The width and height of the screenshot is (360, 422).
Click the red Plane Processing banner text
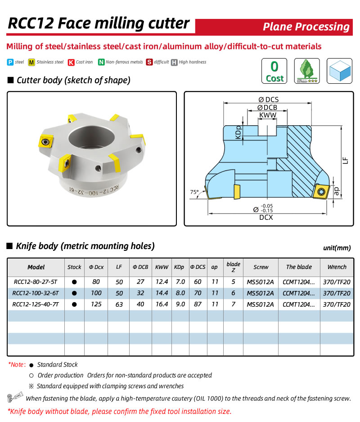click(306, 27)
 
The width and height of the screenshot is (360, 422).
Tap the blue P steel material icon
click(10, 62)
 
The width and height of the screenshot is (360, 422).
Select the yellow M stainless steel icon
click(31, 62)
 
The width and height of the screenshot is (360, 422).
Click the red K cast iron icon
click(71, 62)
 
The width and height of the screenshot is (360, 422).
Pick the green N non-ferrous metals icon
click(102, 62)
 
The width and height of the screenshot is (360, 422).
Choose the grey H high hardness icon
click(174, 62)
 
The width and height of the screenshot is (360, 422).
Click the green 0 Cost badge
click(274, 71)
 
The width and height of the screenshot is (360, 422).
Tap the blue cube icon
click(339, 71)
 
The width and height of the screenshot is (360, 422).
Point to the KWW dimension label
click(267, 116)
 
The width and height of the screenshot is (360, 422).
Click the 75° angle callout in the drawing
click(194, 192)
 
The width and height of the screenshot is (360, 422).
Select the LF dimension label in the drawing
click(346, 160)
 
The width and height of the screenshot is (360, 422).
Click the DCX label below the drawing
click(265, 217)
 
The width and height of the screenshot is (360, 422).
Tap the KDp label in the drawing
click(238, 132)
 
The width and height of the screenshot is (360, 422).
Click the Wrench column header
click(337, 267)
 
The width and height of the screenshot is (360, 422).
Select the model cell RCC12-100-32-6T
click(36, 293)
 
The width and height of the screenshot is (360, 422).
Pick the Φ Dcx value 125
click(96, 304)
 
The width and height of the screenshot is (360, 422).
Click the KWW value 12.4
click(162, 282)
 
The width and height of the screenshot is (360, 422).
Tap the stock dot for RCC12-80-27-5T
click(74, 282)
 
